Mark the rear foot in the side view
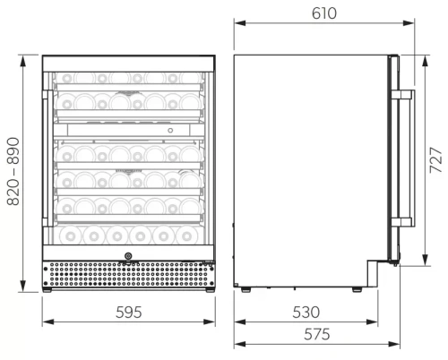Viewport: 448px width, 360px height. click(x=245, y=287)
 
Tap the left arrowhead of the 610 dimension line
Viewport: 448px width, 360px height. click(x=237, y=25)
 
